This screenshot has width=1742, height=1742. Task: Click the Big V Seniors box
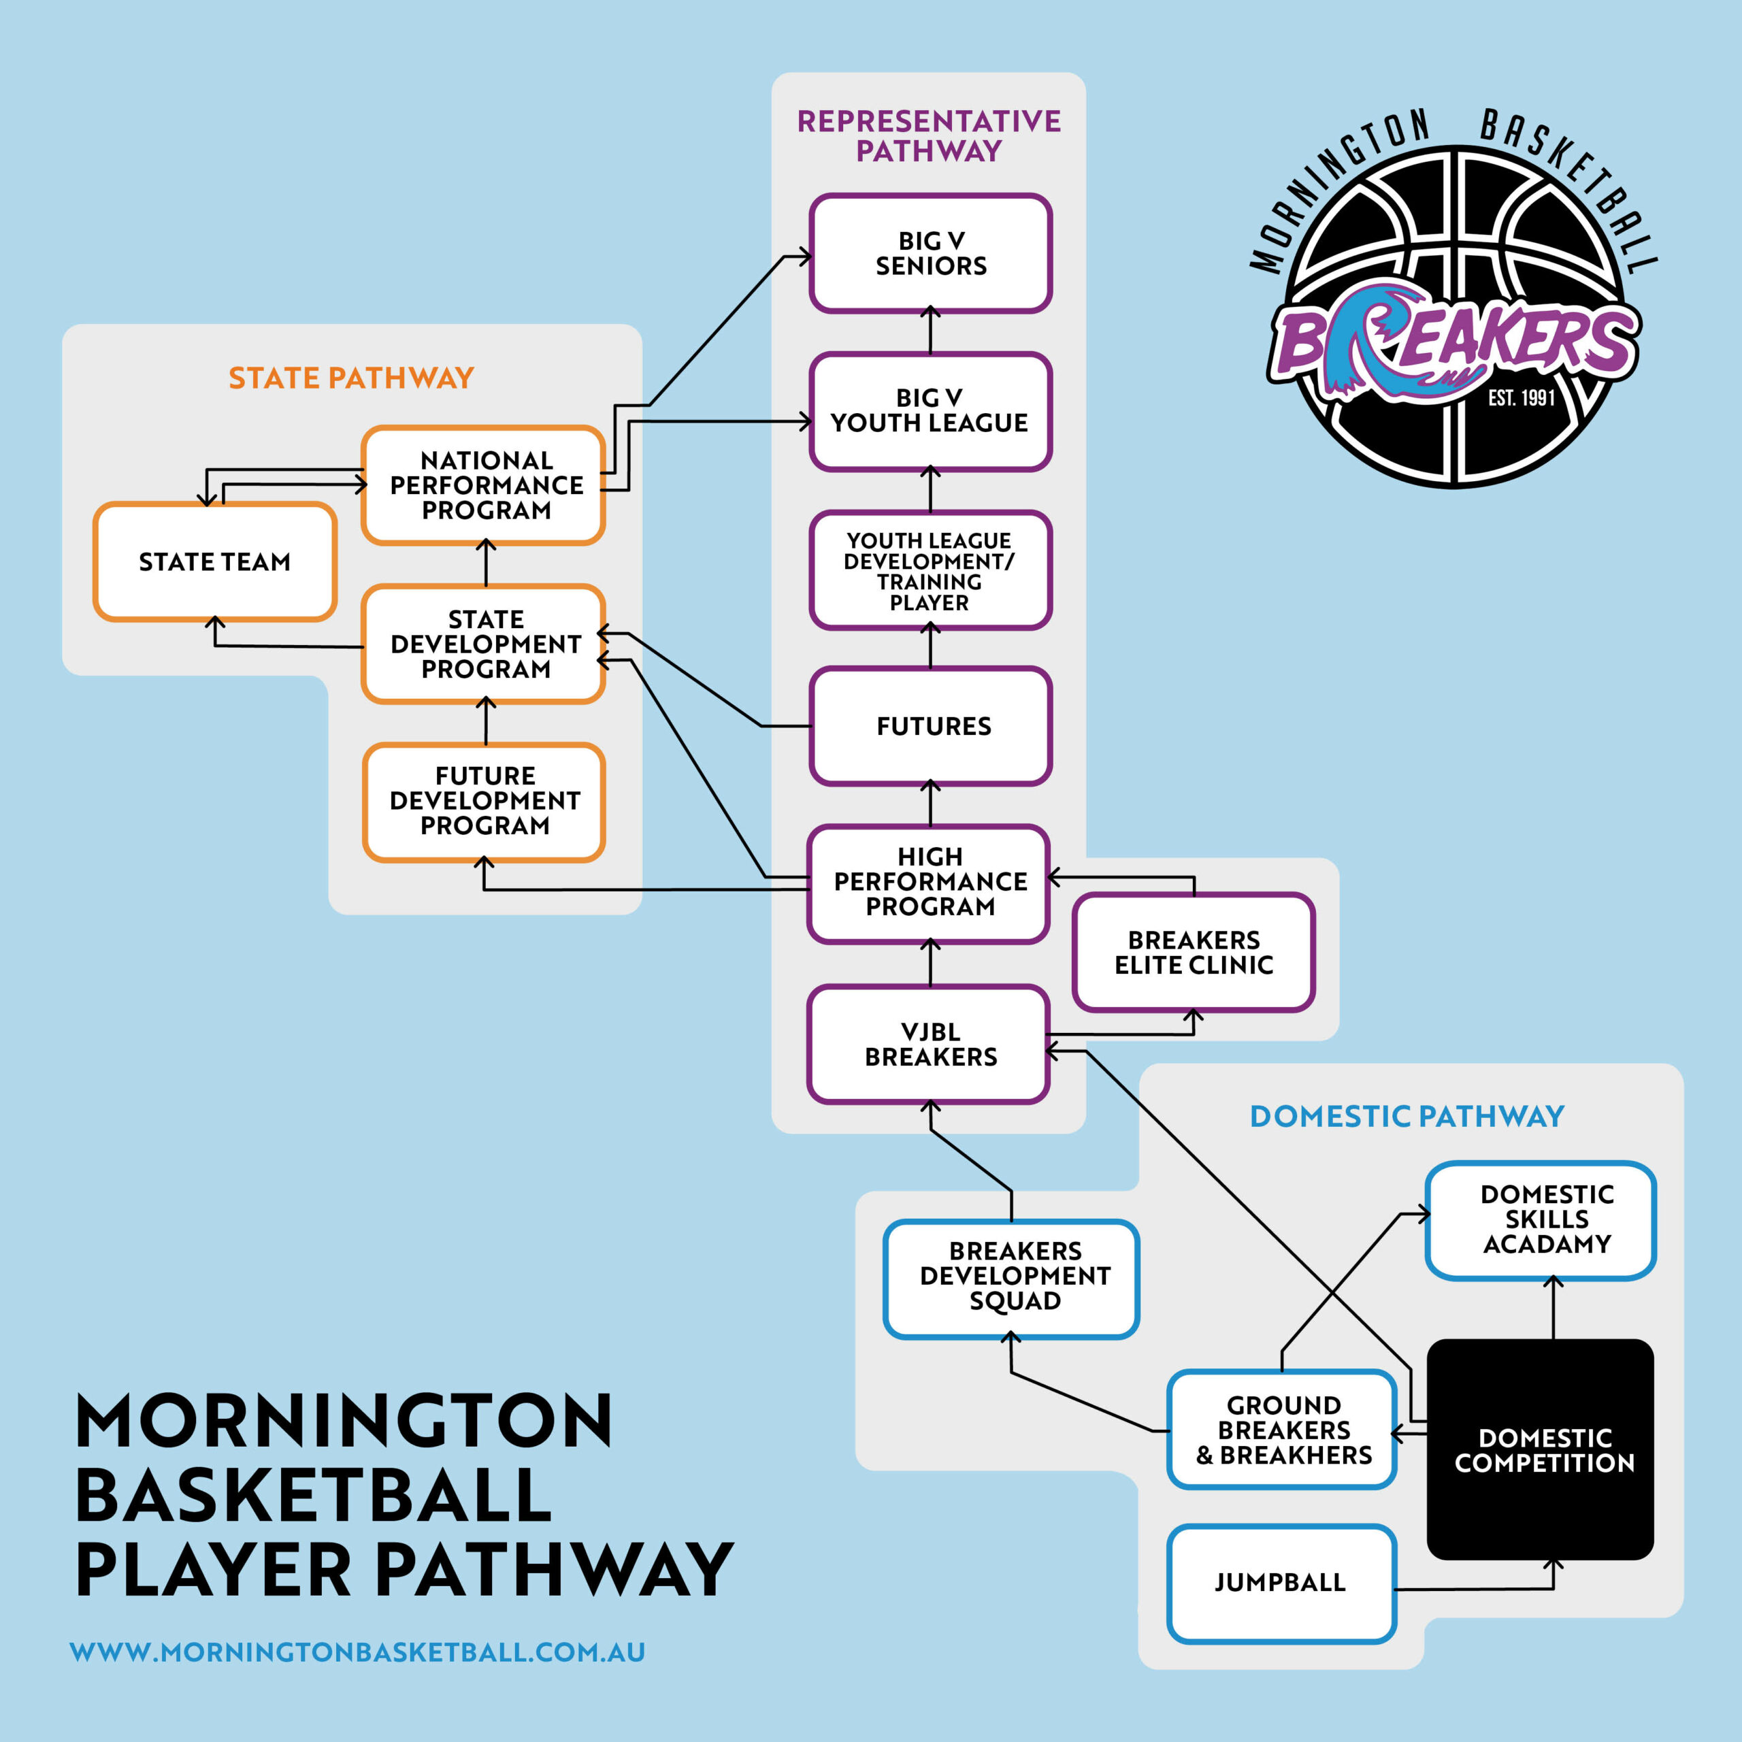pyautogui.click(x=930, y=253)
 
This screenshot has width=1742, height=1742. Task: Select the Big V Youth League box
pyautogui.click(x=930, y=411)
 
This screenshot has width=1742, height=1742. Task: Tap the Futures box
pyautogui.click(x=930, y=726)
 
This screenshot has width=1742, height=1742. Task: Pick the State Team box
pyautogui.click(x=214, y=562)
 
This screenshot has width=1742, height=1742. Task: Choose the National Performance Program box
pyautogui.click(x=484, y=485)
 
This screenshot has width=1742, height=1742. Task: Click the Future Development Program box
pyautogui.click(x=484, y=801)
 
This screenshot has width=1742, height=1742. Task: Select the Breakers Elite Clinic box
pyautogui.click(x=1194, y=952)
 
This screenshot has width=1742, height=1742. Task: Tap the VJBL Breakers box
pyautogui.click(x=929, y=1044)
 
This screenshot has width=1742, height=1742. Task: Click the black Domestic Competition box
pyautogui.click(x=1540, y=1450)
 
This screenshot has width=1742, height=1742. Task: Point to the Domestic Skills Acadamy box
pyautogui.click(x=1540, y=1219)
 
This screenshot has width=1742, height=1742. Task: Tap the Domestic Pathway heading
pyautogui.click(x=1407, y=1116)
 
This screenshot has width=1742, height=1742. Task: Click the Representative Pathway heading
pyautogui.click(x=929, y=135)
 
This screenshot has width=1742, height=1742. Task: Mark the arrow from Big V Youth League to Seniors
pyautogui.click(x=930, y=330)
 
